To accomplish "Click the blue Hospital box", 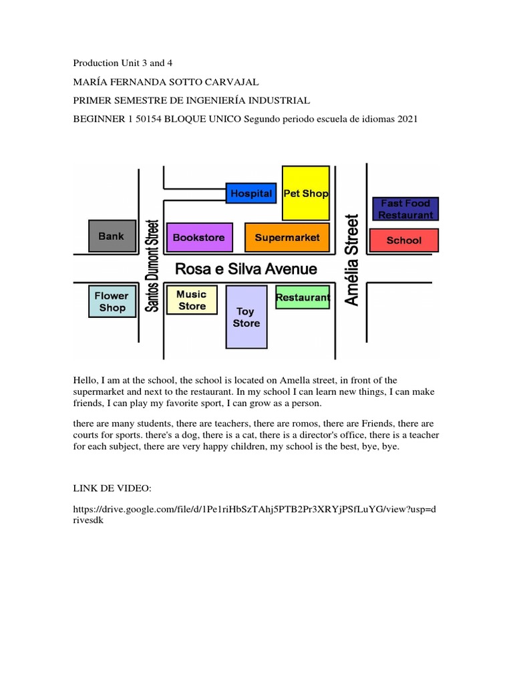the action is [250, 193].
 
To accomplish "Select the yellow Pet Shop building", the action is [306, 193].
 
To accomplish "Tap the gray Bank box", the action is [112, 236].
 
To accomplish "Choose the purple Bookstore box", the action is [199, 237].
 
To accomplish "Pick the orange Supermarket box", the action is [287, 237].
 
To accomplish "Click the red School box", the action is [403, 240].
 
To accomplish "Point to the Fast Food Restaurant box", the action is [405, 209].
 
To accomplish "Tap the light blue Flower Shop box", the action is [112, 301].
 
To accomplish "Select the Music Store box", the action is [192, 300].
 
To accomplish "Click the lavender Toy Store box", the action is [246, 317].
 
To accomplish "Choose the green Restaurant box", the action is [303, 297].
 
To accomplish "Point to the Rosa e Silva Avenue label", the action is [246, 269].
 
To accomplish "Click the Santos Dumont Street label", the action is [153, 266].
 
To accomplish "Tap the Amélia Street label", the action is [351, 260].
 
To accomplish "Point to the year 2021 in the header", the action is [406, 120].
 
